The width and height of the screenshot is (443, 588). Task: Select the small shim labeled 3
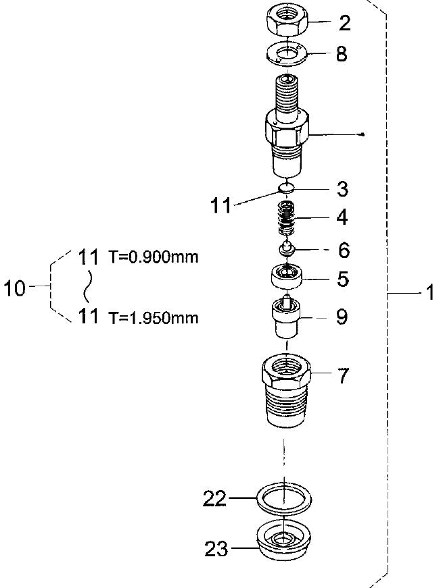pyautogui.click(x=287, y=188)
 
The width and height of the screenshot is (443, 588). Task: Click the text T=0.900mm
pyautogui.click(x=154, y=258)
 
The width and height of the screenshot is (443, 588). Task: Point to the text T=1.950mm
pyautogui.click(x=154, y=318)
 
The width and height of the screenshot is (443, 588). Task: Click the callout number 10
pyautogui.click(x=15, y=289)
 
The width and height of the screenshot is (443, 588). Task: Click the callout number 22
pyautogui.click(x=216, y=500)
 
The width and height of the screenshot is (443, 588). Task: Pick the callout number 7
pyautogui.click(x=343, y=376)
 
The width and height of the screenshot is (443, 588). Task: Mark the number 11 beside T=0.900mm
pyautogui.click(x=89, y=257)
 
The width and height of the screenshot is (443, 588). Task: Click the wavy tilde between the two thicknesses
pyautogui.click(x=87, y=287)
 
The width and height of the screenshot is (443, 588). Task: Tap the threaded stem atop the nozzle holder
pyautogui.click(x=287, y=95)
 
